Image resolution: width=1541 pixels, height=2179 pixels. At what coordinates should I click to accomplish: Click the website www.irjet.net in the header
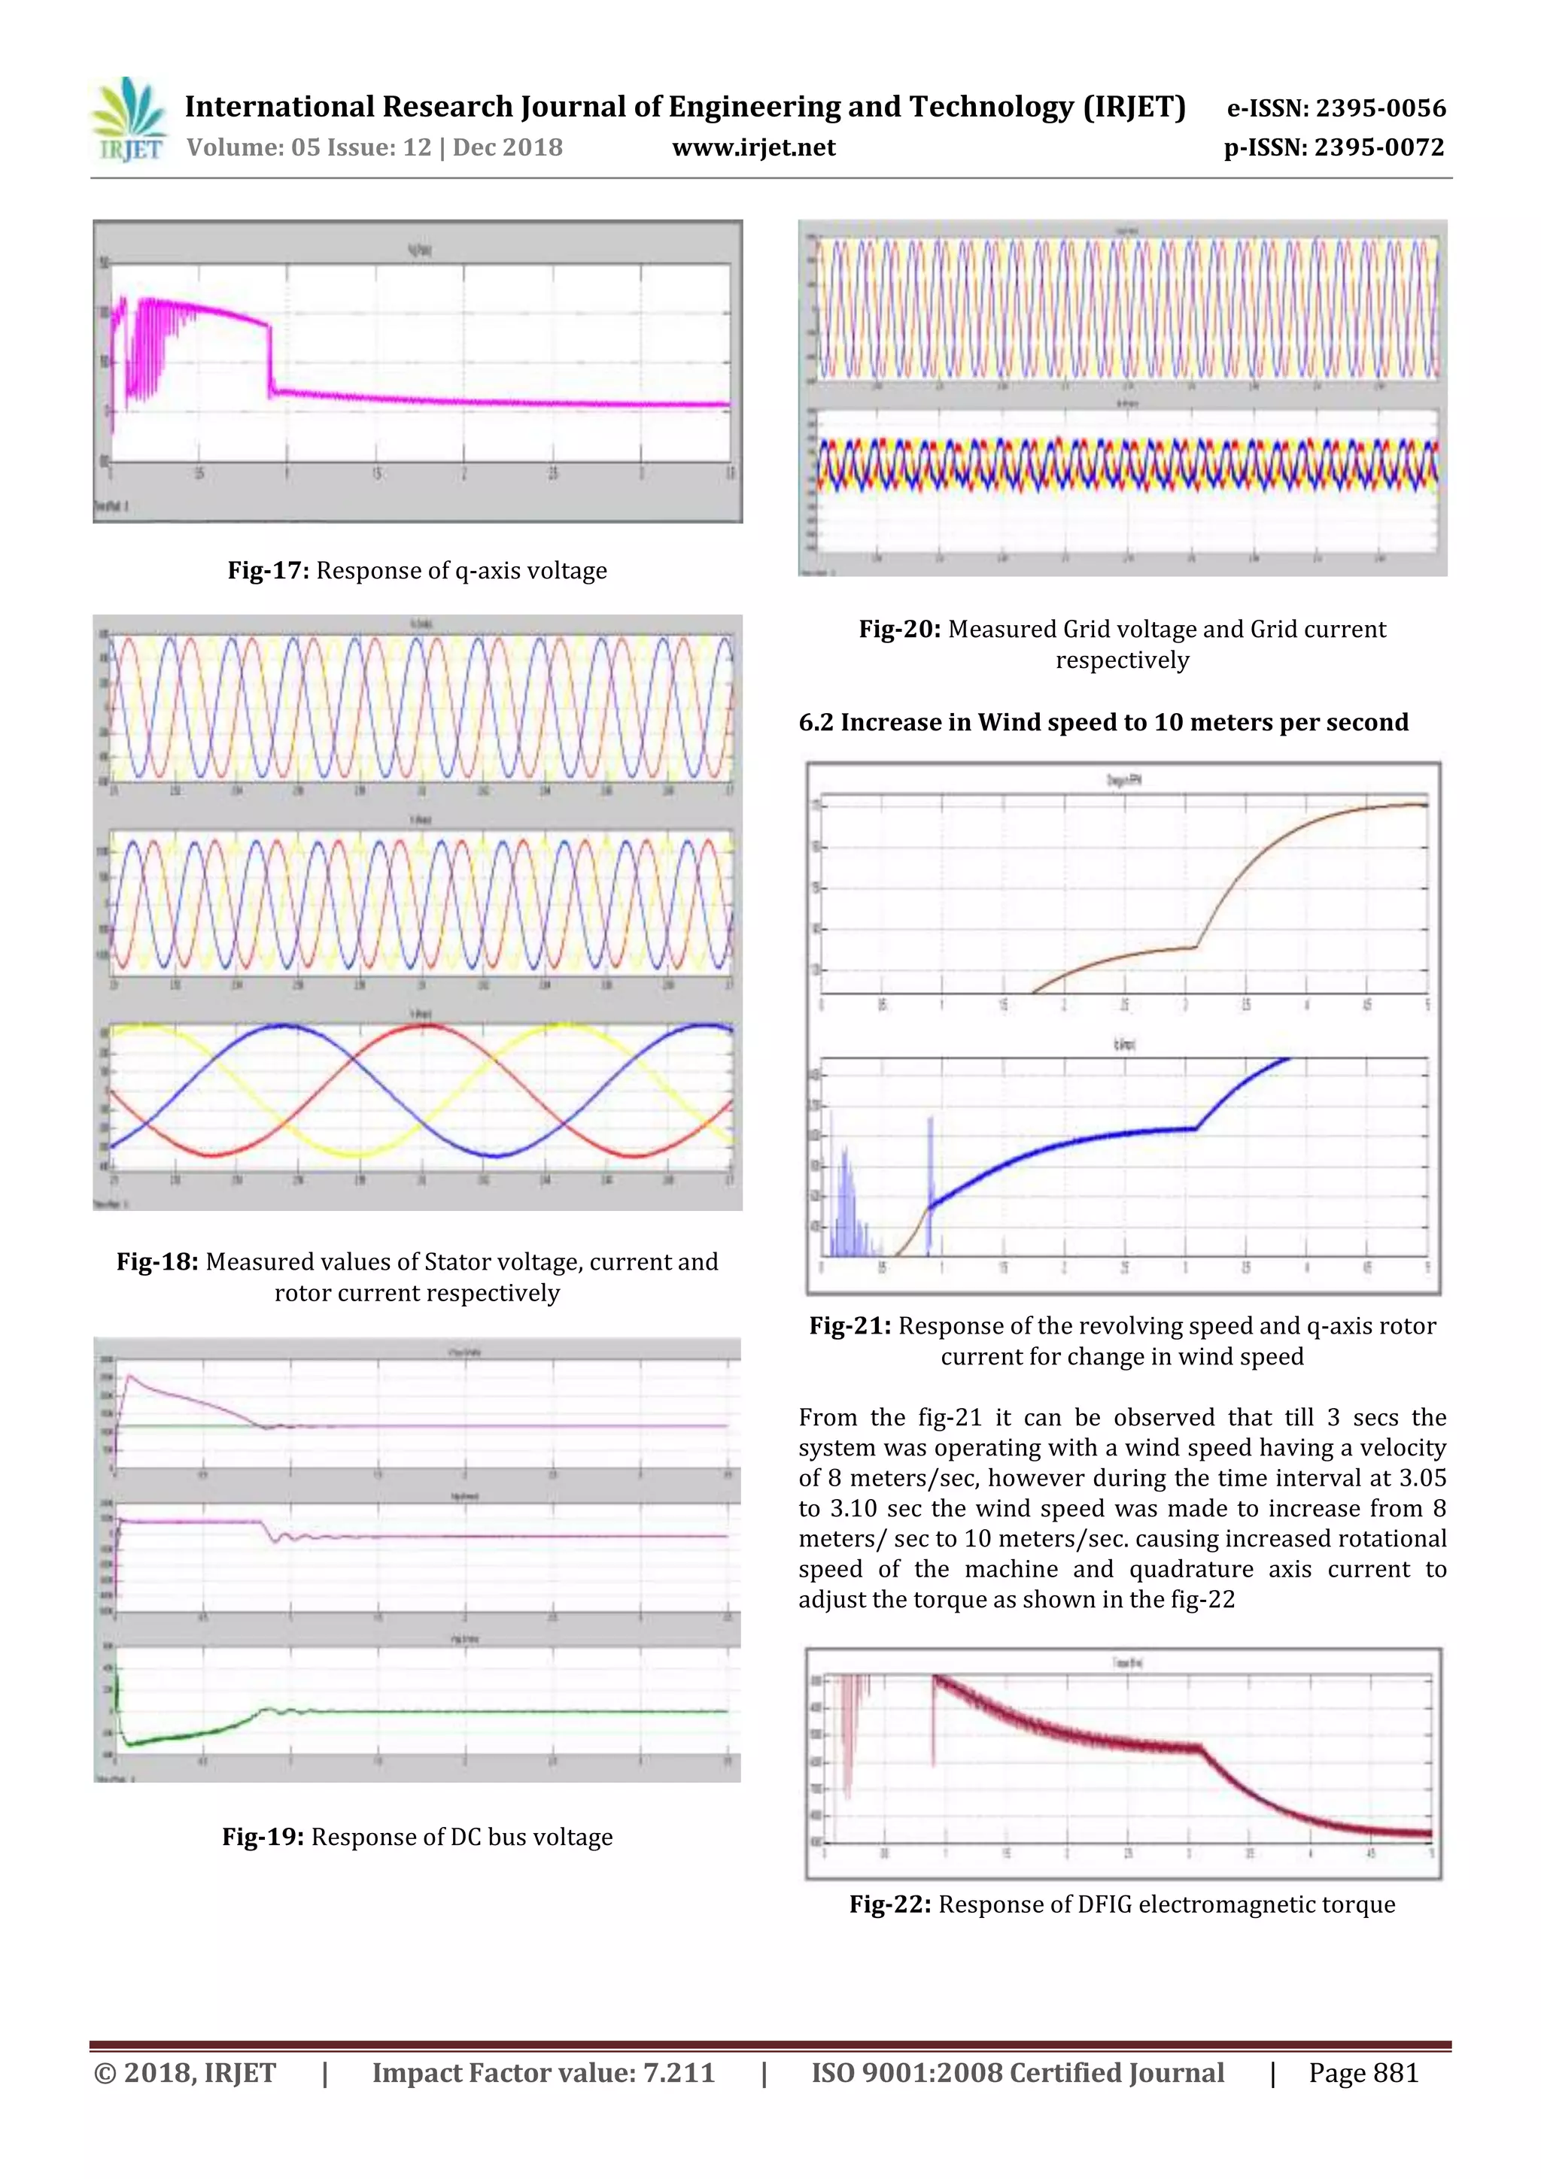(753, 148)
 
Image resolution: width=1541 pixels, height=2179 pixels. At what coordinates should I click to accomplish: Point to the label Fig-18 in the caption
(157, 1261)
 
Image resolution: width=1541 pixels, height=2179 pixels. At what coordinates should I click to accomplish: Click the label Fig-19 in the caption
(262, 1837)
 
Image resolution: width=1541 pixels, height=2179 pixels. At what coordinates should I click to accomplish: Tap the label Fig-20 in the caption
(899, 630)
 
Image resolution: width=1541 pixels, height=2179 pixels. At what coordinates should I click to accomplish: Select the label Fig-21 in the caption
(849, 1326)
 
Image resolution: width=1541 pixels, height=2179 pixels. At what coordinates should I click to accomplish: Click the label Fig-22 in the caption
(889, 1904)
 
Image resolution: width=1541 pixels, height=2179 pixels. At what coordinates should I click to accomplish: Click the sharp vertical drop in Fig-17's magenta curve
(269, 360)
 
